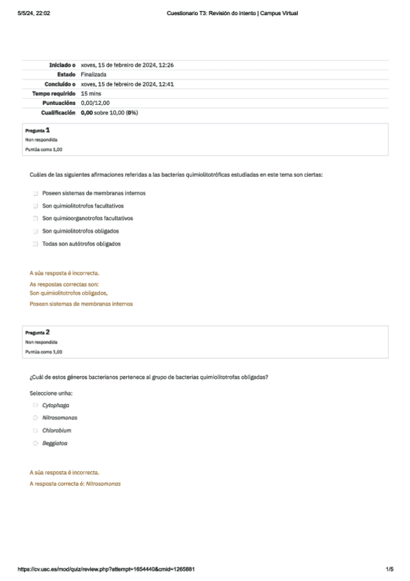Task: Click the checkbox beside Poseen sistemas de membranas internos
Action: pyautogui.click(x=35, y=193)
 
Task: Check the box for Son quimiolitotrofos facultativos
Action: pyautogui.click(x=35, y=206)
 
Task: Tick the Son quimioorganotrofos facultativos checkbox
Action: pyautogui.click(x=35, y=219)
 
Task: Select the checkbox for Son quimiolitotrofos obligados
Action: pyautogui.click(x=35, y=231)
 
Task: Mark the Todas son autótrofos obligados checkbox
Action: pyautogui.click(x=35, y=244)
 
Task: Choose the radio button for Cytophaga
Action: pyautogui.click(x=35, y=406)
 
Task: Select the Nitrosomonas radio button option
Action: pyautogui.click(x=35, y=418)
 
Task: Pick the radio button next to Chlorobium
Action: pyautogui.click(x=35, y=431)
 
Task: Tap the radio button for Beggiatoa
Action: pyautogui.click(x=35, y=443)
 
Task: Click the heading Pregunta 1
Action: pyautogui.click(x=37, y=129)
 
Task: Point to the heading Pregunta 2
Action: pyautogui.click(x=37, y=332)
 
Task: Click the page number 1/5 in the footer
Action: pyautogui.click(x=389, y=569)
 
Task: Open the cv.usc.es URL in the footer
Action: pyautogui.click(x=105, y=569)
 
